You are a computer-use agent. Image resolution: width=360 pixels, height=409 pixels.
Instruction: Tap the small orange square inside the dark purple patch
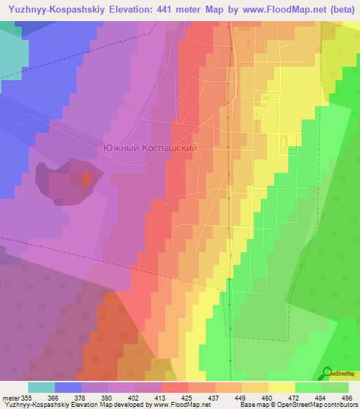pos(86,178)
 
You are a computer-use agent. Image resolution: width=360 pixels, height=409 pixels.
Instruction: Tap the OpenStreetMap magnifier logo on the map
pos(327,372)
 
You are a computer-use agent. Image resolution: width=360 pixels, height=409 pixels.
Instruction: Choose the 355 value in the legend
pos(27,397)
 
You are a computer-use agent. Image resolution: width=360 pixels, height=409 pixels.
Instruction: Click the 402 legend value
pos(123,397)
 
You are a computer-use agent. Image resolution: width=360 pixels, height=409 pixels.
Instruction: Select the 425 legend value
pos(176,397)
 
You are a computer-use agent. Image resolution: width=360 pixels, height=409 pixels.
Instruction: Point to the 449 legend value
pos(229,397)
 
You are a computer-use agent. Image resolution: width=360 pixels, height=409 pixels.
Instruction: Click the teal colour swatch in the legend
pos(41,387)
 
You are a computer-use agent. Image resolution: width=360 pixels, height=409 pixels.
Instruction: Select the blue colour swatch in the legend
pos(68,387)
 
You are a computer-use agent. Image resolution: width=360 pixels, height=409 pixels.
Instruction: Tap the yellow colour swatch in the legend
pos(282,387)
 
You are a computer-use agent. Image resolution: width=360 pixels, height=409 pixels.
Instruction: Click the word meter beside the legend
pos(10,397)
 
